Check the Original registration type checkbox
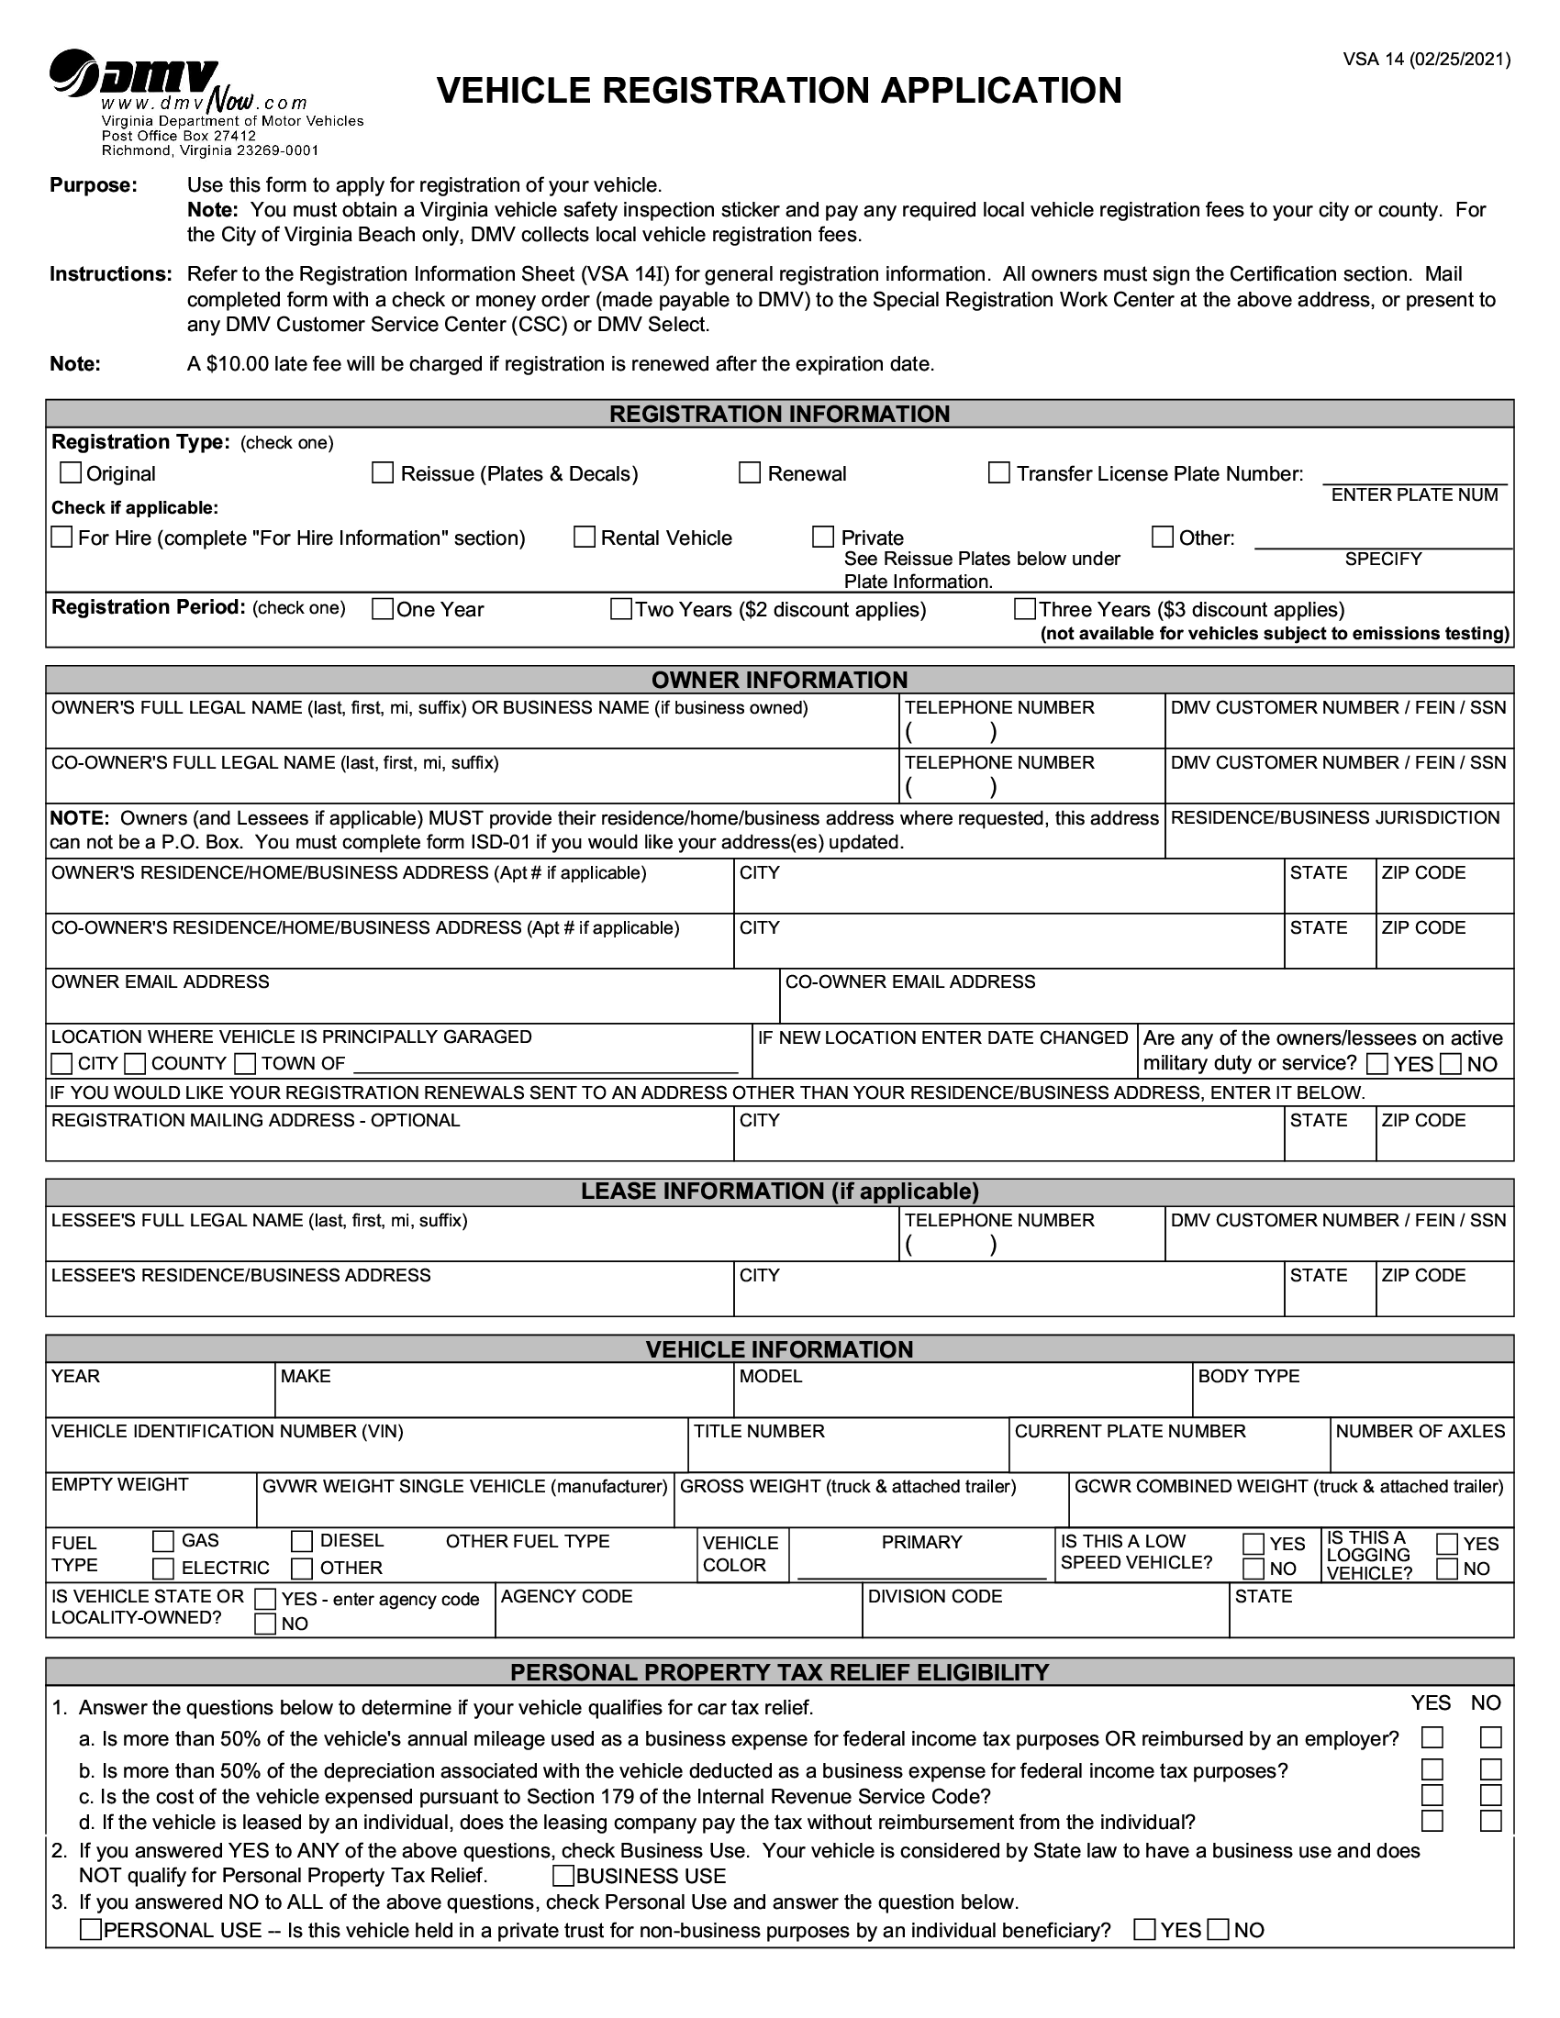pyautogui.click(x=71, y=473)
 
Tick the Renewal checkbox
pyautogui.click(x=750, y=473)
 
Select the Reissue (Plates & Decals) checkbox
pyautogui.click(x=383, y=473)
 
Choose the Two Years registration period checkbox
pyautogui.click(x=621, y=609)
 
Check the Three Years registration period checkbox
pyautogui.click(x=1024, y=609)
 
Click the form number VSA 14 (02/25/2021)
pyautogui.click(x=1426, y=60)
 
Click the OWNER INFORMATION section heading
pyautogui.click(x=779, y=680)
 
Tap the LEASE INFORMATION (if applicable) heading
pyautogui.click(x=779, y=1191)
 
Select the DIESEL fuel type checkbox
pyautogui.click(x=301, y=1541)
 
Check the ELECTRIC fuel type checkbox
pyautogui.click(x=162, y=1568)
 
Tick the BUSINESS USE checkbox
pyautogui.click(x=563, y=1876)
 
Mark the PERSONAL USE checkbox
pyautogui.click(x=91, y=1929)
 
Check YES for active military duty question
pyautogui.click(x=1377, y=1063)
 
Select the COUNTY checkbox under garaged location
pyautogui.click(x=135, y=1063)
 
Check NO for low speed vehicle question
pyautogui.click(x=1254, y=1568)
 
